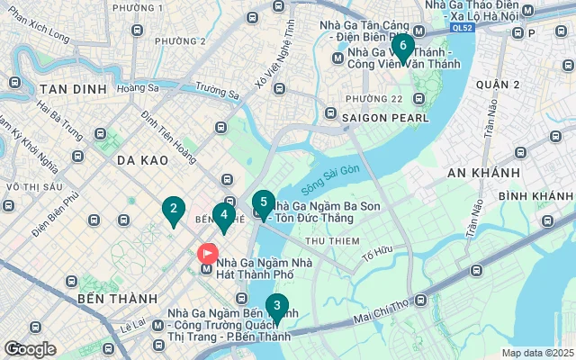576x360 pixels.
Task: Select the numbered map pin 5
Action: [262, 202]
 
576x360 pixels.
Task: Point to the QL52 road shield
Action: [463, 27]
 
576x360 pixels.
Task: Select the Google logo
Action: [30, 349]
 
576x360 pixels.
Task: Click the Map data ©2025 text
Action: [536, 353]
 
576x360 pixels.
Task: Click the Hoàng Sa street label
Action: [138, 88]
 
